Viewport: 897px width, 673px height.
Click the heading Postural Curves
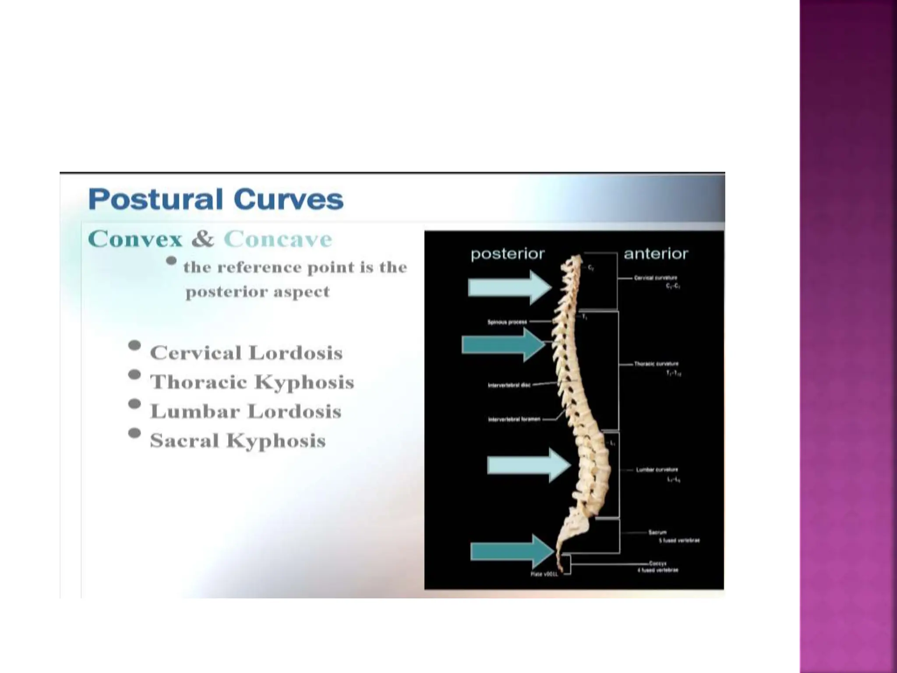pyautogui.click(x=215, y=199)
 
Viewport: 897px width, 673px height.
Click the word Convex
pyautogui.click(x=135, y=239)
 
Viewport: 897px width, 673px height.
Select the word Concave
pyautogui.click(x=278, y=239)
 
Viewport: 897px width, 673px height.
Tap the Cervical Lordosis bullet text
pyautogui.click(x=246, y=353)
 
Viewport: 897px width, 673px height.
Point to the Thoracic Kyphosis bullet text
pyautogui.click(x=252, y=382)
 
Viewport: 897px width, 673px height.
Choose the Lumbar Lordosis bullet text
pyautogui.click(x=246, y=411)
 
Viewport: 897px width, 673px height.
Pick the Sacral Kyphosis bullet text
pyautogui.click(x=238, y=440)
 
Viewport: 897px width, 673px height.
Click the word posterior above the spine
pyautogui.click(x=508, y=254)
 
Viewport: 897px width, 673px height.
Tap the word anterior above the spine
pyautogui.click(x=656, y=254)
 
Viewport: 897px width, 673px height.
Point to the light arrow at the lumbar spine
pyautogui.click(x=528, y=465)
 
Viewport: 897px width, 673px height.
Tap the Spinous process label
pyautogui.click(x=507, y=322)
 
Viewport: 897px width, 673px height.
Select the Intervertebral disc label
pyautogui.click(x=509, y=385)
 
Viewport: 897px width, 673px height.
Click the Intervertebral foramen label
pyautogui.click(x=514, y=419)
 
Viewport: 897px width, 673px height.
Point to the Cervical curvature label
pyautogui.click(x=655, y=278)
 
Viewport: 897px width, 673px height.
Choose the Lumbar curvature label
pyautogui.click(x=657, y=470)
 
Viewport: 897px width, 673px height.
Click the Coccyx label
pyautogui.click(x=657, y=563)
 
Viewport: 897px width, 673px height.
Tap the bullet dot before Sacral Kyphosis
pyautogui.click(x=134, y=433)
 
